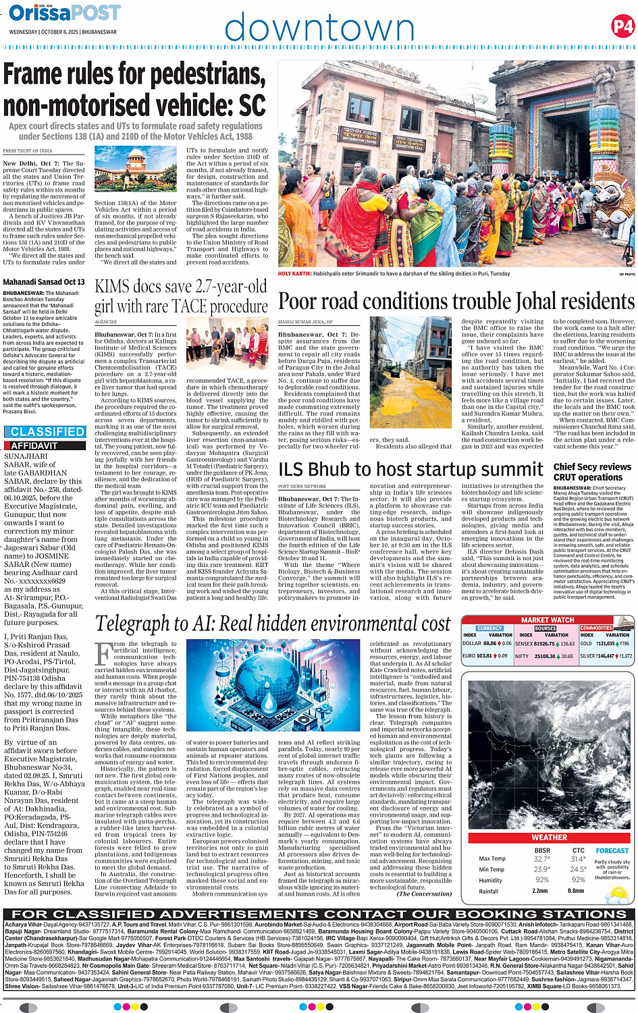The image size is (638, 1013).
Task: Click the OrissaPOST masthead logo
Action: (65, 13)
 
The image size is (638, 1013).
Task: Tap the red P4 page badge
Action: (622, 26)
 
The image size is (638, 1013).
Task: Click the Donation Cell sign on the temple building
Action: (410, 142)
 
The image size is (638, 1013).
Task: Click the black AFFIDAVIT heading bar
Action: (45, 445)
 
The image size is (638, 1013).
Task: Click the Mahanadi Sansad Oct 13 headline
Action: (44, 282)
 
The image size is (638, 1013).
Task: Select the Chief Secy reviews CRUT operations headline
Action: (592, 472)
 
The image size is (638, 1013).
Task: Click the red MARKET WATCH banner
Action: (547, 620)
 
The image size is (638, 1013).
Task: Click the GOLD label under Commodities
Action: (586, 643)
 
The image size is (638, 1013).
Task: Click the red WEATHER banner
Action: (549, 837)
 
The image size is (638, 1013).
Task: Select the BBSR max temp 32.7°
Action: (541, 859)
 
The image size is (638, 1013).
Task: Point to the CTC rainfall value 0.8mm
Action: (576, 890)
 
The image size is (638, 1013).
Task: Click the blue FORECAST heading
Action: (612, 850)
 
